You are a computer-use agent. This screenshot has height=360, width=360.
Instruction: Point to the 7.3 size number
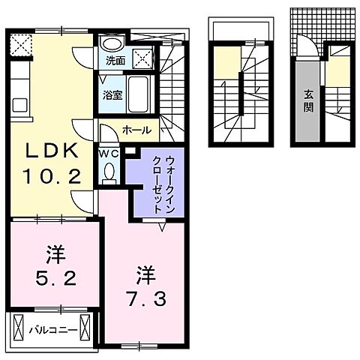click(x=145, y=298)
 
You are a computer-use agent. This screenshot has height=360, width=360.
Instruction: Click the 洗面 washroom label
click(x=115, y=60)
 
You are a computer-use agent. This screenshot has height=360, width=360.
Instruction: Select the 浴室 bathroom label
click(x=112, y=94)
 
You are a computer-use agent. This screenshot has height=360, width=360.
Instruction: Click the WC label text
click(x=109, y=151)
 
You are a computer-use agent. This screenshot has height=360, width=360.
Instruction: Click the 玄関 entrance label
click(x=308, y=100)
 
